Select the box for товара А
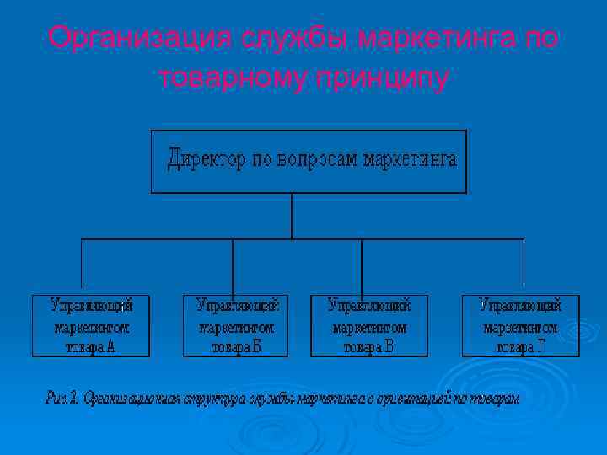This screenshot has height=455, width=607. coord(91,325)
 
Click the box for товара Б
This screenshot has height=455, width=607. coord(235,325)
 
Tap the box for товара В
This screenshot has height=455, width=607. coord(369,325)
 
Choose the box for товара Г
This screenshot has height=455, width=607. coord(520,325)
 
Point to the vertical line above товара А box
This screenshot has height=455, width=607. coord(82,265)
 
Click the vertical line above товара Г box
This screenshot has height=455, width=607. coord(524,265)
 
